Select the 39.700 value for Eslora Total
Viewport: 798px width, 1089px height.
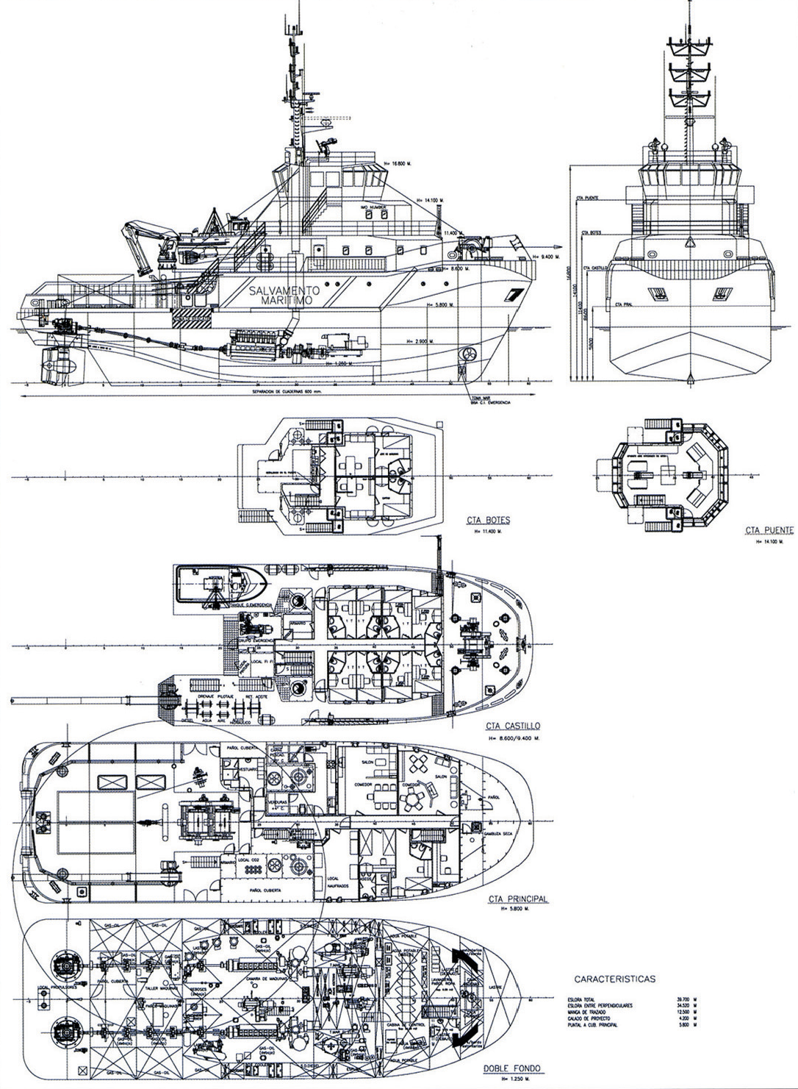(683, 999)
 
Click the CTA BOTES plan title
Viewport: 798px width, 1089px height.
(488, 521)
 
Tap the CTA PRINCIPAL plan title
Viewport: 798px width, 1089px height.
(517, 899)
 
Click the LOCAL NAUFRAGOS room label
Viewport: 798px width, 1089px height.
(335, 882)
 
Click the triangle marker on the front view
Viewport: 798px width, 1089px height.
(689, 242)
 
